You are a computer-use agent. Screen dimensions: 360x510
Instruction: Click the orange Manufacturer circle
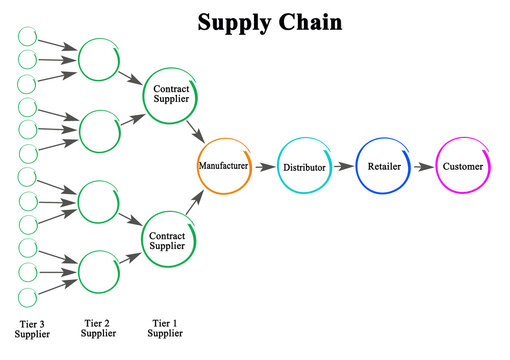point(224,166)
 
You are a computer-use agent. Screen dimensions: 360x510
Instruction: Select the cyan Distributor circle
point(303,166)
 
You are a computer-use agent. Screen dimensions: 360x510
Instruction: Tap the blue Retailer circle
point(382,166)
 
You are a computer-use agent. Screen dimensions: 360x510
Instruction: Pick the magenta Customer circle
point(463,166)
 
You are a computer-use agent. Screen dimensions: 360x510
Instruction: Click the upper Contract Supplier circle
point(170,95)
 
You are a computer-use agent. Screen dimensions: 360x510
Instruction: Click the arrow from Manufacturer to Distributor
point(264,167)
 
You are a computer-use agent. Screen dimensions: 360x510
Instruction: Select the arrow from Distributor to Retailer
point(343,167)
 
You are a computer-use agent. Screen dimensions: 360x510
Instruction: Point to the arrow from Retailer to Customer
point(422,167)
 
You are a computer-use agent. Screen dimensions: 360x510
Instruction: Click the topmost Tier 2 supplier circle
point(99,59)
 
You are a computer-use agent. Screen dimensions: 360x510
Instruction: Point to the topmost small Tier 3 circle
point(27,36)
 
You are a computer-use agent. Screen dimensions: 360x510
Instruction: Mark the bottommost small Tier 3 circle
point(27,297)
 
